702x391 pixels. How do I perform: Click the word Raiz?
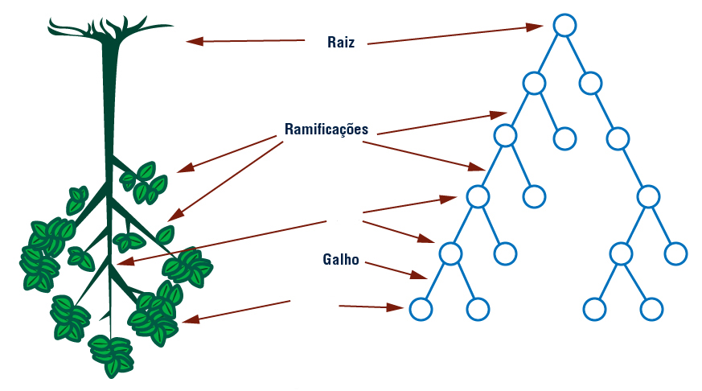pos(341,42)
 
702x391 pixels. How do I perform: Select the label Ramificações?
pos(326,129)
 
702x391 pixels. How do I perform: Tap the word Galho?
pos(340,260)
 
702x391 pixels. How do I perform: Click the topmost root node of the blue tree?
pos(564,25)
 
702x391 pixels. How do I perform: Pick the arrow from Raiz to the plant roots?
pos(245,40)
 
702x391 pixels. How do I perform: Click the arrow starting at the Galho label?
pos(394,269)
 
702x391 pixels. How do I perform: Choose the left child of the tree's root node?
pos(534,82)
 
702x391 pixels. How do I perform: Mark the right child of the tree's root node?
pos(590,82)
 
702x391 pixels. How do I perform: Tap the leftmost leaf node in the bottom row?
pos(421,308)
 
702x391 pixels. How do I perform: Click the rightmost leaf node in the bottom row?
pos(651,308)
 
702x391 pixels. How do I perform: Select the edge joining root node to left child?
pos(549,53)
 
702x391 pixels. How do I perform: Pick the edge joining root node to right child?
pos(577,53)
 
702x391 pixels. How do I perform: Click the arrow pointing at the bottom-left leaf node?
pos(371,307)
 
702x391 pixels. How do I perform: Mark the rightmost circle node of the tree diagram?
pos(676,253)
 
